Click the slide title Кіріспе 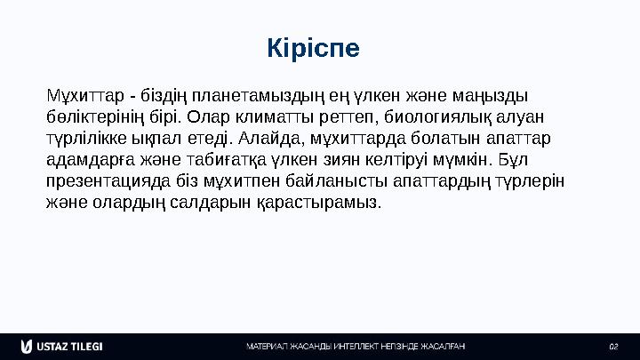[x=313, y=49]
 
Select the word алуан [x=519, y=116]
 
